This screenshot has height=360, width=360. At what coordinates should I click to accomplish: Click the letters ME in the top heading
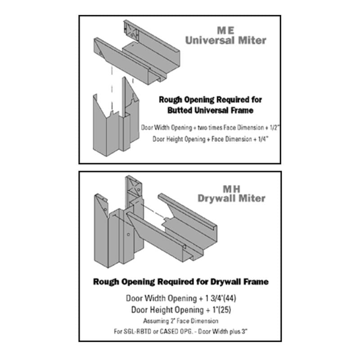226,30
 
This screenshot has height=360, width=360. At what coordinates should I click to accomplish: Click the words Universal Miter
226,40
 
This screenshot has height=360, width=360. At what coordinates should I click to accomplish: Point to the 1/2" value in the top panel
274,127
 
